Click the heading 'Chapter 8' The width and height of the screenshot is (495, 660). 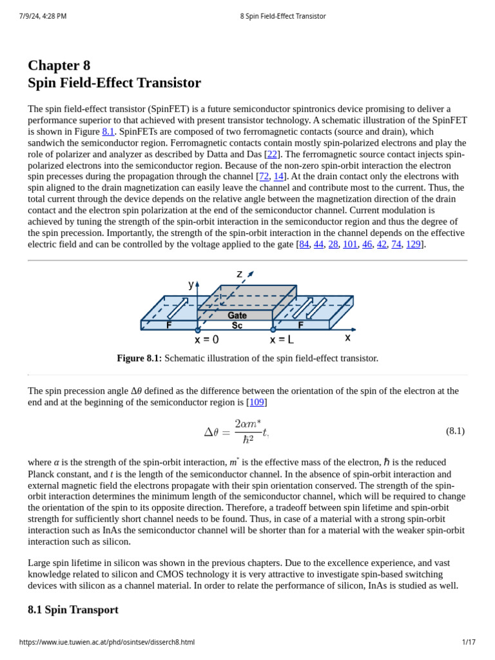(59, 66)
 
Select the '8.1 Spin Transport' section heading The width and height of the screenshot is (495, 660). (73, 610)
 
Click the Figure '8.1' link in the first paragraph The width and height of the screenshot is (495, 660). (108, 131)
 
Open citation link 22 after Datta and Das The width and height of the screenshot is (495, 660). (272, 154)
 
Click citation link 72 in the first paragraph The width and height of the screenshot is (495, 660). (264, 177)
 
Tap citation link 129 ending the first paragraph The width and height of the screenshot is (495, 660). (413, 244)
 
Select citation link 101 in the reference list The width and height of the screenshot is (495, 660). (350, 244)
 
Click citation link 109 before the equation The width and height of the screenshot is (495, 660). (257, 402)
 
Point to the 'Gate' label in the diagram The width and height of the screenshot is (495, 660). (237, 315)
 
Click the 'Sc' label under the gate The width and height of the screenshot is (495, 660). (237, 325)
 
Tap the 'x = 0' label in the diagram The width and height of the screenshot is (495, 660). (206, 340)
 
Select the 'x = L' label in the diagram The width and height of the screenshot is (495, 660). (282, 340)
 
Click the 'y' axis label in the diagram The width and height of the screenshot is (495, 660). (191, 284)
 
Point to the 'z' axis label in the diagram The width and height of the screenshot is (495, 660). (240, 274)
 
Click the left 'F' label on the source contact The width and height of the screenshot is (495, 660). (169, 325)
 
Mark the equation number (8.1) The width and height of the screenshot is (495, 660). (455, 431)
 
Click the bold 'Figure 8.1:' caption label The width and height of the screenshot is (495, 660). (139, 358)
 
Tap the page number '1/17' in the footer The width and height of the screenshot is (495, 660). (469, 642)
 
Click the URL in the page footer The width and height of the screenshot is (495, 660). (106, 642)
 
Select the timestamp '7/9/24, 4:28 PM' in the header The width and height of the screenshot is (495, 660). (43, 16)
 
